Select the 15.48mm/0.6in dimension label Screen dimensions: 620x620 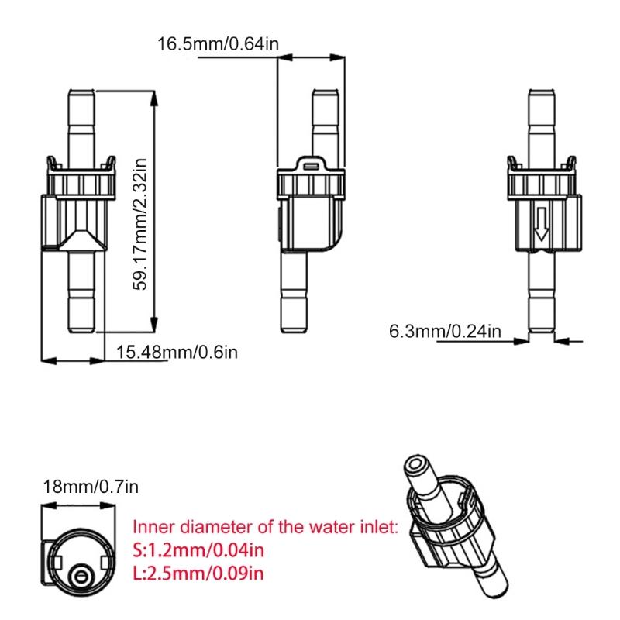[x=177, y=352]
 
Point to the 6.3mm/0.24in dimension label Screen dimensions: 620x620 [x=445, y=332]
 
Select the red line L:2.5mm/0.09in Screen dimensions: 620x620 [x=198, y=573]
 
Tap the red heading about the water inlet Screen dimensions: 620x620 [x=266, y=528]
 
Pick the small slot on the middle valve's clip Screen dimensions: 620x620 [x=311, y=164]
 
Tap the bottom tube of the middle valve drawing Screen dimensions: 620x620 [x=296, y=294]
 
